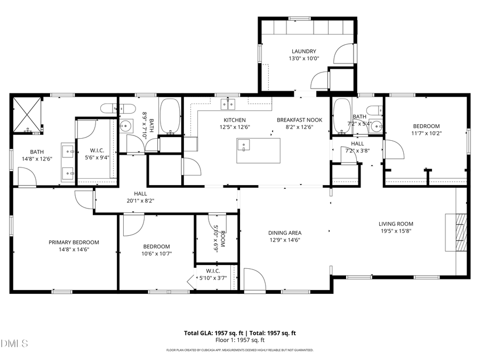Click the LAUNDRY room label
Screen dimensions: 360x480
[x=303, y=52]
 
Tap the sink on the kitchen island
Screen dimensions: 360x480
[x=243, y=143]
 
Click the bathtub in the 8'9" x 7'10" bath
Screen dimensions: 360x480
[x=171, y=116]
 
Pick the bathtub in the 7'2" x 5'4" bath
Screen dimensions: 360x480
[x=340, y=117]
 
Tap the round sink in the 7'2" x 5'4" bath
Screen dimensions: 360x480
[x=377, y=127]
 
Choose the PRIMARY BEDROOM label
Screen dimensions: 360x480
[x=74, y=242]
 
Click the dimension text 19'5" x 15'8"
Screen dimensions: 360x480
[x=396, y=231]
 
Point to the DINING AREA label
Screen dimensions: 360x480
[x=284, y=233]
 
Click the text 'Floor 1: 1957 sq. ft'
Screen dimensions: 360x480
[x=240, y=340]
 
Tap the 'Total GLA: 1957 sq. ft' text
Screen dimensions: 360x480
[x=210, y=333]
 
